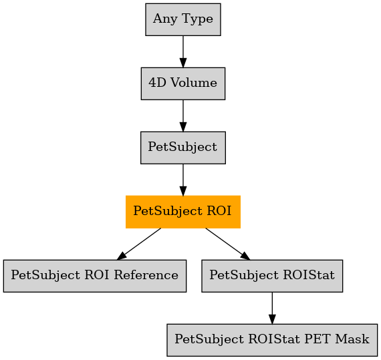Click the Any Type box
tap(183, 19)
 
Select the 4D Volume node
tap(183, 83)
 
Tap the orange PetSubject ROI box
tap(183, 212)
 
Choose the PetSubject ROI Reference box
tap(95, 276)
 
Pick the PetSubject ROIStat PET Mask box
tap(272, 340)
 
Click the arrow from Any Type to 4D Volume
tap(183, 51)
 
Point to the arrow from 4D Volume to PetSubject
tap(183, 116)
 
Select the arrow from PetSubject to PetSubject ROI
tap(183, 180)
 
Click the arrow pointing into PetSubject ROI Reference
tap(139, 244)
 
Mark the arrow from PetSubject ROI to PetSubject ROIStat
tap(228, 244)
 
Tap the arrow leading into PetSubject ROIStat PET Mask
tap(272, 308)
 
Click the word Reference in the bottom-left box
tap(146, 275)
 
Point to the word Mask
tap(352, 339)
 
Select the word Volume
tap(194, 83)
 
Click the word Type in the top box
tap(198, 19)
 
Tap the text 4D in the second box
tap(158, 83)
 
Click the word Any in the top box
tap(165, 19)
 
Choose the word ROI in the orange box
tap(219, 211)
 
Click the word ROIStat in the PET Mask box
tap(274, 339)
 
